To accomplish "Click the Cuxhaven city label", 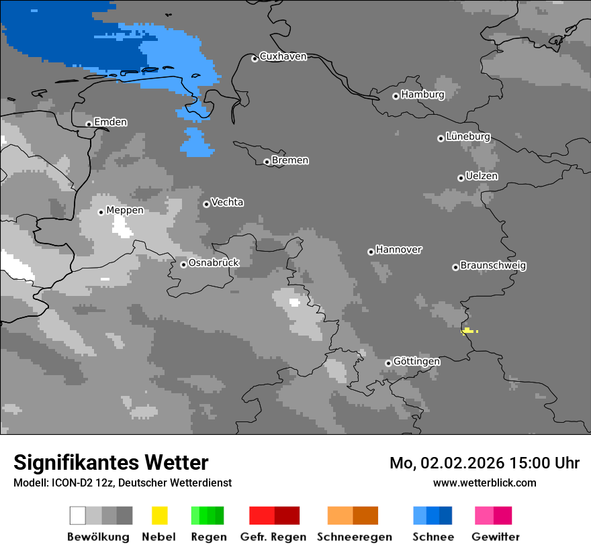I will click(x=283, y=56).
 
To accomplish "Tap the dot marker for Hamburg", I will click(x=396, y=96).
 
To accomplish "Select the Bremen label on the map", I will click(x=290, y=160).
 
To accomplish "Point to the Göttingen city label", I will click(x=416, y=362).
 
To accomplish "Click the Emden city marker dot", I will click(x=89, y=123).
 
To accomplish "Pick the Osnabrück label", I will click(x=214, y=263).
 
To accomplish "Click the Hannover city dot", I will click(x=371, y=252).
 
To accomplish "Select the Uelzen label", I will click(x=482, y=176).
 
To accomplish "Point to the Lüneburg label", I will click(x=467, y=137).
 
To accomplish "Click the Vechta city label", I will click(x=227, y=202).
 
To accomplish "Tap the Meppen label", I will click(x=124, y=210).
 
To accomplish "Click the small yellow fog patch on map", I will click(x=468, y=330).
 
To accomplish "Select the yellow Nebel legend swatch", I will click(x=159, y=515).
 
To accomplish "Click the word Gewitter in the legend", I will click(x=495, y=537).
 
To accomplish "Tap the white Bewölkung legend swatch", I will click(x=78, y=515).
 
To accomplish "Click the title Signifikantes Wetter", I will click(x=111, y=462).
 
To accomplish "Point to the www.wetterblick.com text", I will click(x=484, y=483).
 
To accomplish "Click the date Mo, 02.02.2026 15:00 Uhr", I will click(x=484, y=463).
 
